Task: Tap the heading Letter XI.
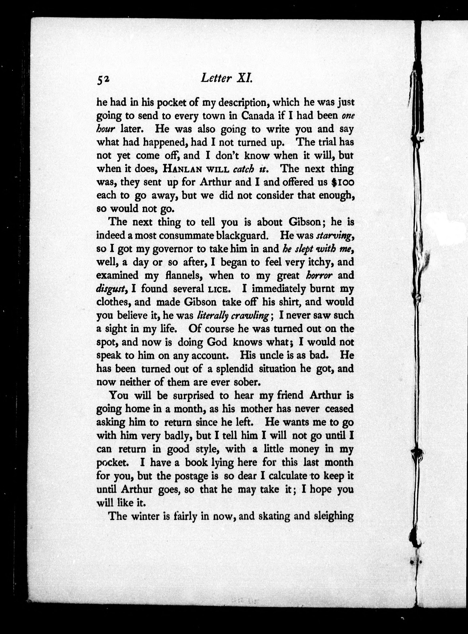click(226, 78)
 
